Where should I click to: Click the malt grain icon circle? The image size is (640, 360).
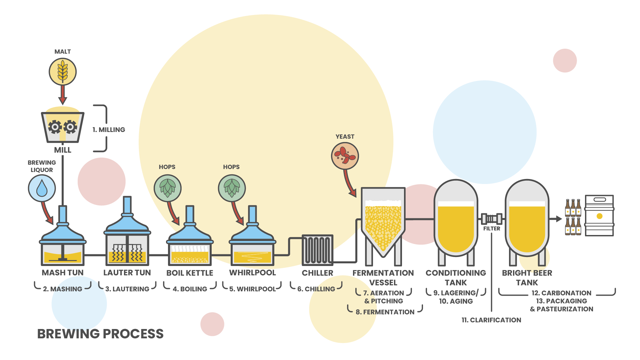[63, 72]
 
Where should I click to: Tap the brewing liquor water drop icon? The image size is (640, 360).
[42, 188]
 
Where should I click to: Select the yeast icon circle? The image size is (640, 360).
[345, 156]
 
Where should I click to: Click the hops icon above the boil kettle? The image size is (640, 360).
[167, 188]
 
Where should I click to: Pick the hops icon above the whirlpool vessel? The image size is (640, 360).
[232, 188]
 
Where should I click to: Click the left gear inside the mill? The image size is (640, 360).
[55, 127]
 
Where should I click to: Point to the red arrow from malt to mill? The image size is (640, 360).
[63, 95]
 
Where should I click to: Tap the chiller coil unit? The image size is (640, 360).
[317, 250]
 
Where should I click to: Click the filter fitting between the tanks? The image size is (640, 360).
[492, 219]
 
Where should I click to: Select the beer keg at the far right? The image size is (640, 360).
[599, 216]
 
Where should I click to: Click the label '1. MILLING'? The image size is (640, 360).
[109, 130]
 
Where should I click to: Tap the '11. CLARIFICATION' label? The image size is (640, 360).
[491, 320]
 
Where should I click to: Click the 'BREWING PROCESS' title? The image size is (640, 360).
[100, 334]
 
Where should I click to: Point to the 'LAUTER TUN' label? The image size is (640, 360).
[127, 273]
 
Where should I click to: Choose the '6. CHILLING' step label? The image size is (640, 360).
[316, 289]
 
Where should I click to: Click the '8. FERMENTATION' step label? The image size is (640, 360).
[385, 312]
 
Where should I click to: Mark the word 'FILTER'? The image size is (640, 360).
[492, 229]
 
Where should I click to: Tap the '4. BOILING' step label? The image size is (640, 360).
[190, 289]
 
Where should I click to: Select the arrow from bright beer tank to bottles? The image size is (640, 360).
[556, 219]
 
